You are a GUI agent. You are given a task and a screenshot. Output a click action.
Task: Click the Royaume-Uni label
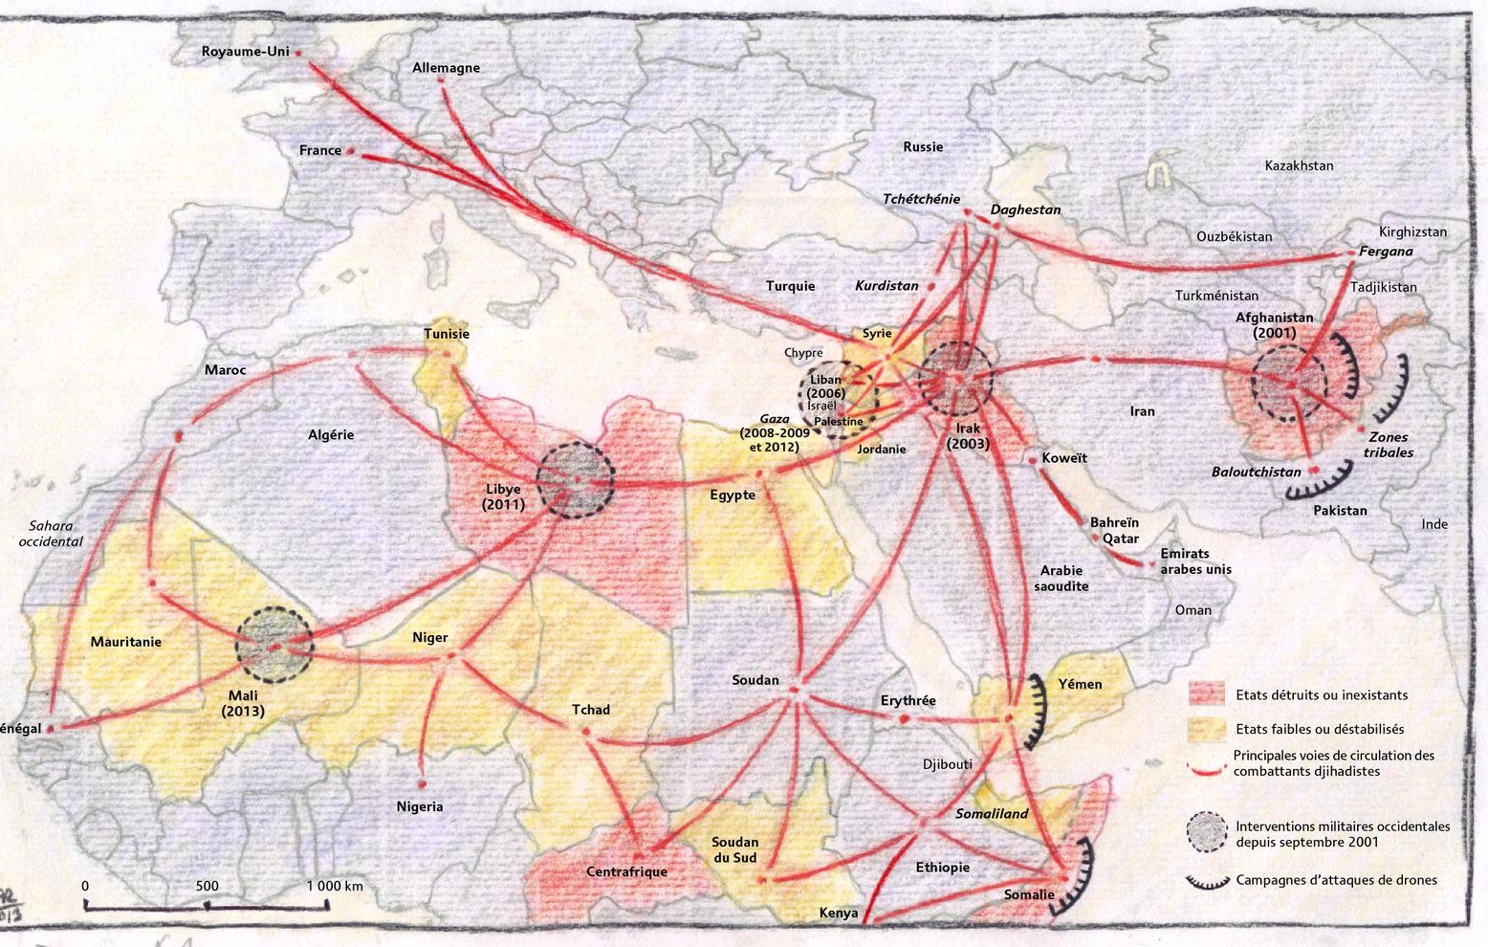pos(245,52)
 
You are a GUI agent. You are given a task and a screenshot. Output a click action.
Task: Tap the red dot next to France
pos(351,151)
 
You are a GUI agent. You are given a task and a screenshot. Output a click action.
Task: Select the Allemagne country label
pos(446,68)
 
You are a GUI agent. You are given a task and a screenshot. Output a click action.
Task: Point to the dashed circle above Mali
pos(274,645)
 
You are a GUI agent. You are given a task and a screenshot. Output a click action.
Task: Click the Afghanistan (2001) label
pos(1274,325)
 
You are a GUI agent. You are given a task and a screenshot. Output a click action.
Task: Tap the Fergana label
pos(1386,252)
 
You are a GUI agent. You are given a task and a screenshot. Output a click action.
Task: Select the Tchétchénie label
pos(920,199)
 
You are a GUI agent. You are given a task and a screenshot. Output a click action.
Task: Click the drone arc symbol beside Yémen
pos(1037,711)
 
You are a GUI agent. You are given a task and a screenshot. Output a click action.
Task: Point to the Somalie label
pos(1029,895)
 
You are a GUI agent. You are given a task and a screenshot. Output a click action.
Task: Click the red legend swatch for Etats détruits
pos(1207,694)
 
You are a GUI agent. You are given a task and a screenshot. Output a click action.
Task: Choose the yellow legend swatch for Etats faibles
pos(1207,729)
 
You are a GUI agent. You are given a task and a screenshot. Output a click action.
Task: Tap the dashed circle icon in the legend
pos(1207,833)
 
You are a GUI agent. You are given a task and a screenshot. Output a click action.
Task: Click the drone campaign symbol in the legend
pos(1207,881)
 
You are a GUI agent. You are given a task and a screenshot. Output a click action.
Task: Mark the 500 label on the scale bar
pos(208,886)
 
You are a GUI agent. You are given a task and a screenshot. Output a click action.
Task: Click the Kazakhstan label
pos(1299,165)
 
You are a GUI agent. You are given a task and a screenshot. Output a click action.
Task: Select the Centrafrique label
pos(626,871)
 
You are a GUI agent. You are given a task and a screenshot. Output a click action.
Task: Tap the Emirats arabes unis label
pos(1195,562)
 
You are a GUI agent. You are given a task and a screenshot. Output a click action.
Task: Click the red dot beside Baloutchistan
pos(1314,471)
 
